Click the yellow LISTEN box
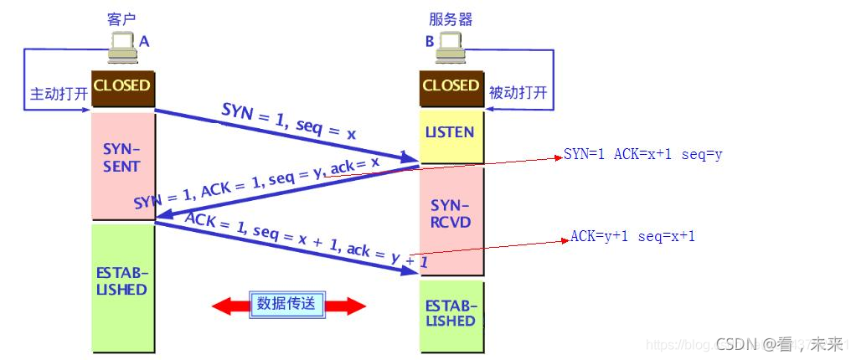click(451, 133)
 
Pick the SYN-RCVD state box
click(451, 214)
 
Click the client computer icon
click(122, 46)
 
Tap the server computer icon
click(449, 46)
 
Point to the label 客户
click(122, 18)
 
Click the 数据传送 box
click(286, 304)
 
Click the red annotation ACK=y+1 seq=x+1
click(633, 237)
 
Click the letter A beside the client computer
click(144, 40)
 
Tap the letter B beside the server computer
click(430, 40)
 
